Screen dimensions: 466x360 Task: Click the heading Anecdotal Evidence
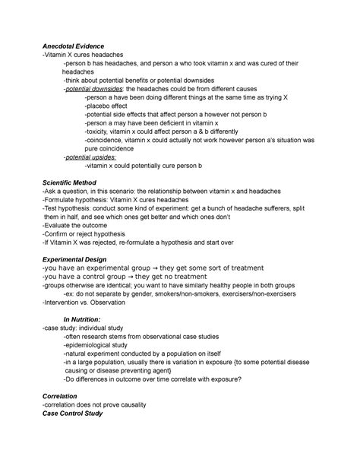click(x=74, y=47)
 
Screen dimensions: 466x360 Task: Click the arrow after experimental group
click(x=166, y=268)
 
